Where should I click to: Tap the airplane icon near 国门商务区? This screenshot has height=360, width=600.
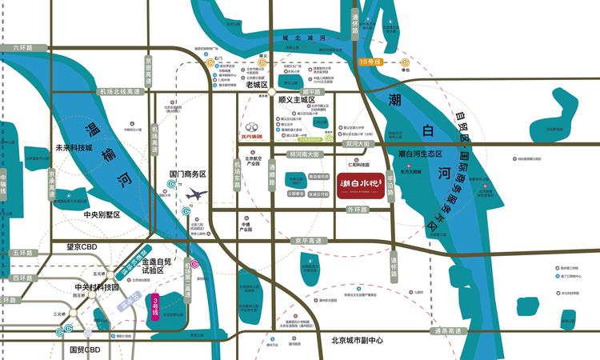pos(195,193)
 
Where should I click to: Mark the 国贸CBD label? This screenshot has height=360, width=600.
pos(83,350)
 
